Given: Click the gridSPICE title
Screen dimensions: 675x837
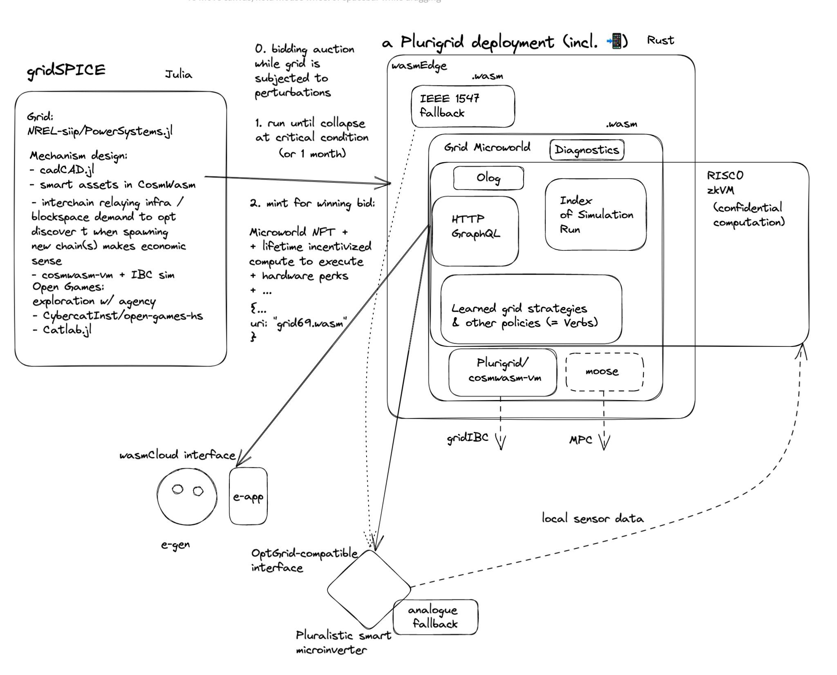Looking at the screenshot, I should (66, 70).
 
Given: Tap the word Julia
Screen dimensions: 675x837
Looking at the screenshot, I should (178, 75).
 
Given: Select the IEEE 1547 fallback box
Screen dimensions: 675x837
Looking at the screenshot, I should (462, 106).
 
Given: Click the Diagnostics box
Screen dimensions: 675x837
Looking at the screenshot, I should (586, 150).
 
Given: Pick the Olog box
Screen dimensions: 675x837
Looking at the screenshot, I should (488, 178).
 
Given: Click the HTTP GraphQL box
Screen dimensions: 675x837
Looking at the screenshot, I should (475, 231).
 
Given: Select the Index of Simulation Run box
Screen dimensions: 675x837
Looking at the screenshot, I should (595, 215).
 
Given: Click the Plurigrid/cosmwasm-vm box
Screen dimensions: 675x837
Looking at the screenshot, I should (502, 372).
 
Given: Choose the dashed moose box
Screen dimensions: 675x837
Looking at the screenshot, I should (604, 372).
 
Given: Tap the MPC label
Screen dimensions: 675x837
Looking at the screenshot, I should (580, 440).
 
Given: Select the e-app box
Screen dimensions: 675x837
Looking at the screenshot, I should (248, 496).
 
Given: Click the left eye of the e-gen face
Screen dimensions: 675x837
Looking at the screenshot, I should (177, 489).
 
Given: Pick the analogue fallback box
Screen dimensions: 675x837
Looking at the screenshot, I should (435, 617).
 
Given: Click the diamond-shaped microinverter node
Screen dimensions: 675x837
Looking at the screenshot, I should (369, 589).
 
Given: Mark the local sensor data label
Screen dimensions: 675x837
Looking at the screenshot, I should (592, 519).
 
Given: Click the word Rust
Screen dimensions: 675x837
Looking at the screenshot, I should (660, 40).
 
